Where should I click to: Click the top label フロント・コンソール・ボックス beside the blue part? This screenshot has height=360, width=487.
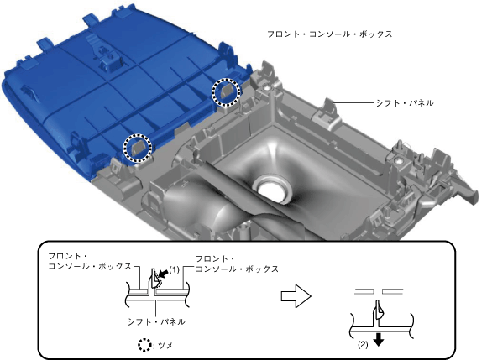click(x=330, y=34)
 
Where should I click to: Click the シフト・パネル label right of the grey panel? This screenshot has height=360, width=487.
click(x=405, y=102)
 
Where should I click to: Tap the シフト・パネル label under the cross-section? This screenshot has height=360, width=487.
click(x=156, y=321)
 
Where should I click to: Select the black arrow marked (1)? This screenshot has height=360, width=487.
click(x=164, y=273)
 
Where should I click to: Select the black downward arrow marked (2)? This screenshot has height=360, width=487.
click(x=379, y=340)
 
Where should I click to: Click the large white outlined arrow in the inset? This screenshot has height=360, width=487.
click(x=296, y=295)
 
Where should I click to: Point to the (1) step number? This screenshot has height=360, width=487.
click(x=175, y=269)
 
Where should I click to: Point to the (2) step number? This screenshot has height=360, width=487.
click(x=363, y=344)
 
